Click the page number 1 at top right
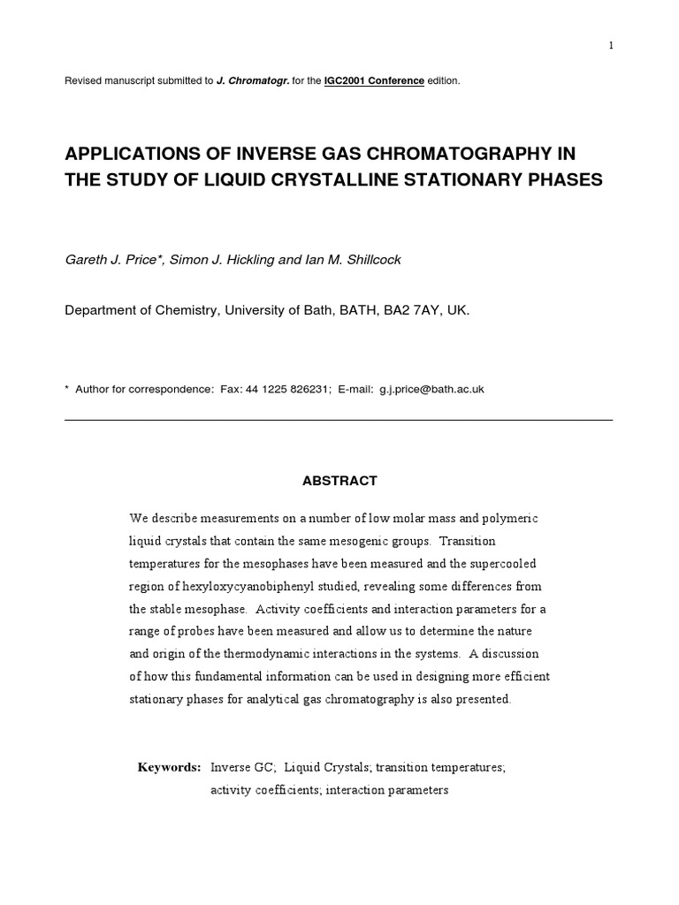(x=610, y=46)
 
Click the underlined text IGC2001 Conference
(x=374, y=81)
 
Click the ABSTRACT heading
(x=339, y=481)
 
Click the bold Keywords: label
(x=169, y=767)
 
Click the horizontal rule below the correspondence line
(x=339, y=420)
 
